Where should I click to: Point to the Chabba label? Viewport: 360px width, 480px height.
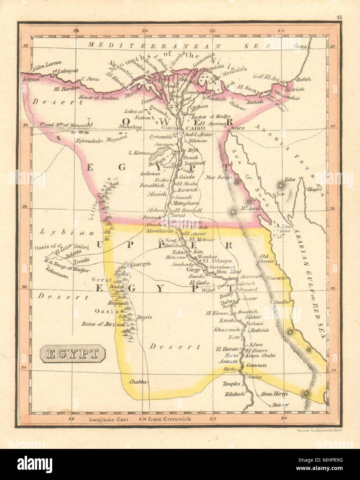coord(138,382)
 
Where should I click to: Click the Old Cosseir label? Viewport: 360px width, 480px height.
coord(268,259)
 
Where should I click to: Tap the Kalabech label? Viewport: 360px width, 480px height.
coord(235,394)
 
